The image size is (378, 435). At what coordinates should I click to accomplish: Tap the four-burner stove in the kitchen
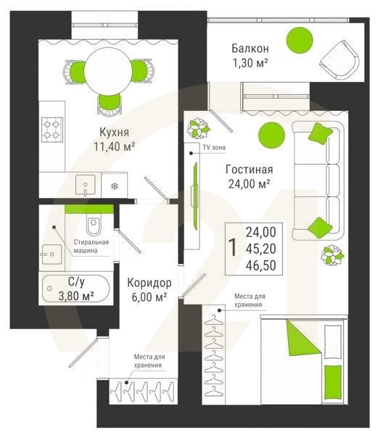52,130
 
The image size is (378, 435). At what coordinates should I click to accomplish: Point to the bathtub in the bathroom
75,289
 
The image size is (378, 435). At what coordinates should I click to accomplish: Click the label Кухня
115,133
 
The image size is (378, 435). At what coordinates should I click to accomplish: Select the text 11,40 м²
115,146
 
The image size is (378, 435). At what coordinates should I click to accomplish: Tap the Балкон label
250,49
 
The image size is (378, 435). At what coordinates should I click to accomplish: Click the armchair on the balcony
340,61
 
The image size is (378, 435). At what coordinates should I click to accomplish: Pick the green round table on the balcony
300,40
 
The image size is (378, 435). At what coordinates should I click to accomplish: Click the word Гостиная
250,170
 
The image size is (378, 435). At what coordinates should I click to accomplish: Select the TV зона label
214,148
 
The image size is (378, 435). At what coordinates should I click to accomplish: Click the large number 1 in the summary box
233,247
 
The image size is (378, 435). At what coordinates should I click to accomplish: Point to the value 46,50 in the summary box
261,265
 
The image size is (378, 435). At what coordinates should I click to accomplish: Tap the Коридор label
149,283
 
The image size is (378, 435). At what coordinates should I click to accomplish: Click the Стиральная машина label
91,246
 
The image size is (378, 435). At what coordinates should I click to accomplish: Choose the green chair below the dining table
110,104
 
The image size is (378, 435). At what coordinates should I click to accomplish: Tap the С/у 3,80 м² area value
76,297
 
